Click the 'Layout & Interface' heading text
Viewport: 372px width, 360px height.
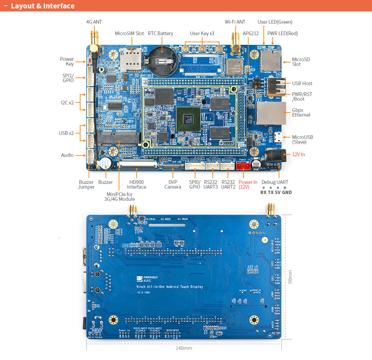(43, 6)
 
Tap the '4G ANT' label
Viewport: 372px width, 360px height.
(94, 22)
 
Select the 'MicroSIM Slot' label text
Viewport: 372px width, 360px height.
(129, 33)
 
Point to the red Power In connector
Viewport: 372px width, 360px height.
(243, 166)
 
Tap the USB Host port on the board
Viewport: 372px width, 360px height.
(275, 86)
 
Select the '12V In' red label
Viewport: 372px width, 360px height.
(298, 154)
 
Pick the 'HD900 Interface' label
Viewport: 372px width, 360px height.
(137, 185)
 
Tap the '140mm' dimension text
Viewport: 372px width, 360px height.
(184, 348)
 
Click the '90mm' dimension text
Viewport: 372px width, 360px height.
(290, 277)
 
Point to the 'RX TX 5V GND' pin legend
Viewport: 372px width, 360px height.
(276, 192)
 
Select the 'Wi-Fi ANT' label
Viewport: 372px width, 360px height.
(235, 22)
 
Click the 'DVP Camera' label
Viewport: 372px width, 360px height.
(173, 185)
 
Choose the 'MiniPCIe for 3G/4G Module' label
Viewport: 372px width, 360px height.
(119, 196)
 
